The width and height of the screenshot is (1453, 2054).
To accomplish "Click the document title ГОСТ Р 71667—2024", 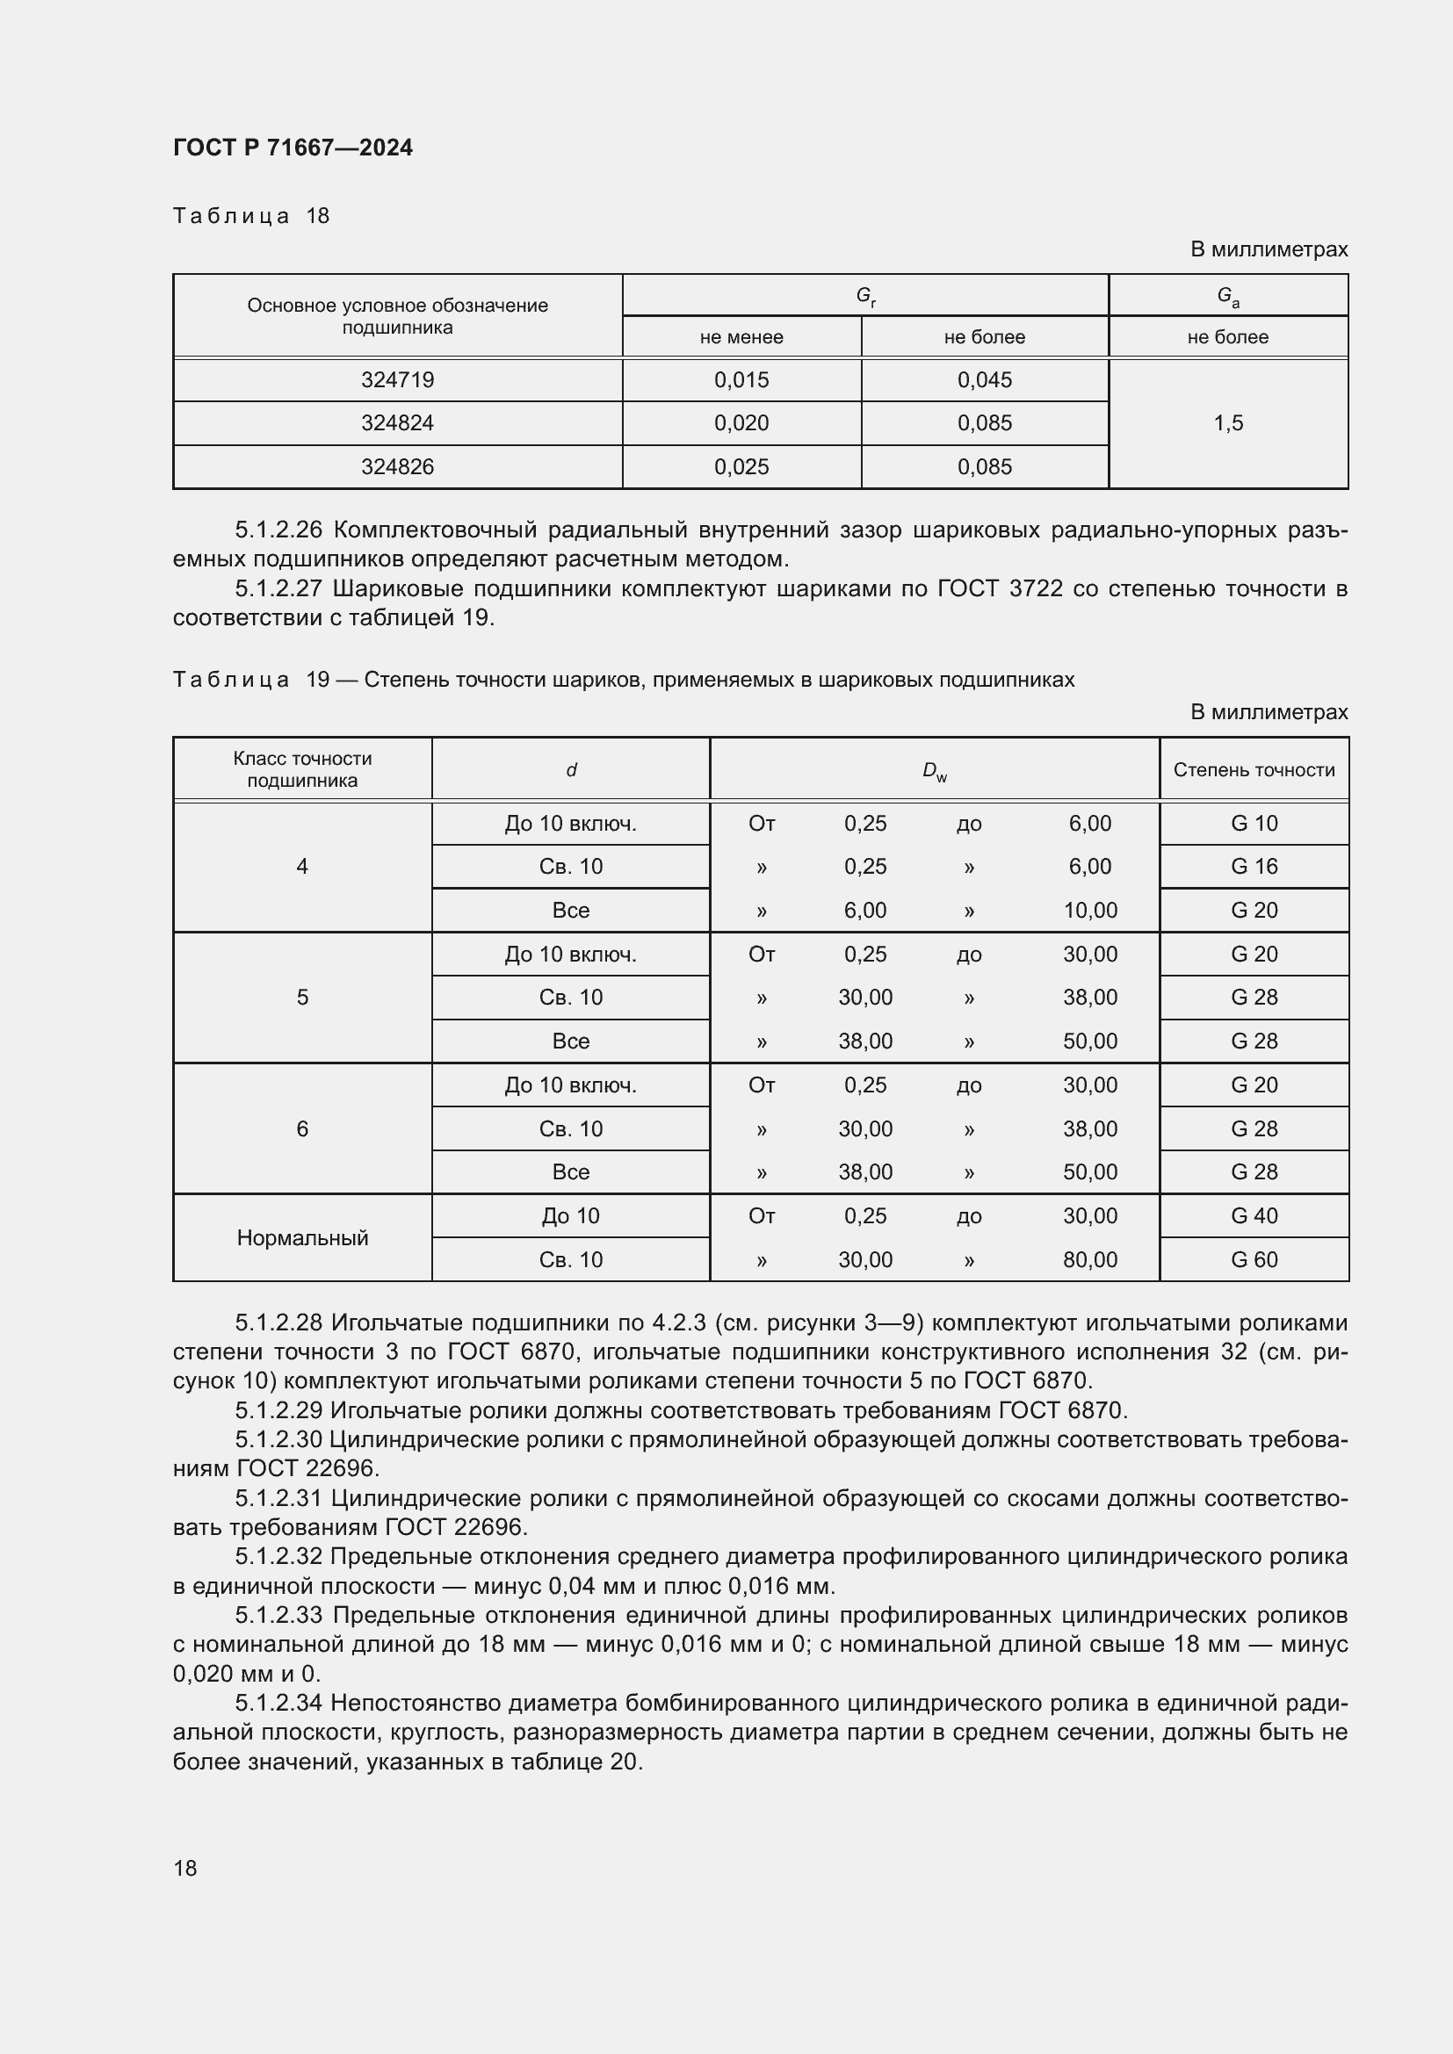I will (293, 148).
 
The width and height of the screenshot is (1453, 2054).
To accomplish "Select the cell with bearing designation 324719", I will (397, 380).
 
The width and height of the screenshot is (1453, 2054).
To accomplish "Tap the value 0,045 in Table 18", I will (984, 380).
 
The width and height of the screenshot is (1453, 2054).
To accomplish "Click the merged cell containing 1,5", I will (1227, 423).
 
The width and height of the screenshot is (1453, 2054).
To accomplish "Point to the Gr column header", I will (865, 295).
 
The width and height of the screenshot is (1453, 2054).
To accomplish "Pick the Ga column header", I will (1227, 296).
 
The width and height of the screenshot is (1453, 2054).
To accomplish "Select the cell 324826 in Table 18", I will (397, 467).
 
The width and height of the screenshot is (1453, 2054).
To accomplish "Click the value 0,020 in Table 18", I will (741, 423).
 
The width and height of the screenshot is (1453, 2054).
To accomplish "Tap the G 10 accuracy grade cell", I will (1254, 823).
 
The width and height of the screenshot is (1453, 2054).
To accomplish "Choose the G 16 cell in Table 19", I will (1254, 866).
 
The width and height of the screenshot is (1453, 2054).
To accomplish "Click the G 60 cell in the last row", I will (1254, 1259).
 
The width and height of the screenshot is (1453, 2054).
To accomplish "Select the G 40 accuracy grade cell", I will (1254, 1215).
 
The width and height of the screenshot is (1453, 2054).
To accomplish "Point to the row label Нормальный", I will (302, 1238).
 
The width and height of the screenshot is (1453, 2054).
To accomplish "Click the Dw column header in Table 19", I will (934, 770).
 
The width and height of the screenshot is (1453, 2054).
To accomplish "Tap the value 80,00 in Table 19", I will (1089, 1259).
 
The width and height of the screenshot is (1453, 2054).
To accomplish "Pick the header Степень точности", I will (1254, 770).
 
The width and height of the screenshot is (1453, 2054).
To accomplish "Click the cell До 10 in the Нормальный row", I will (570, 1215).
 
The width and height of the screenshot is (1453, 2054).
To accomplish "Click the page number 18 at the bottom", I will (185, 1868).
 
